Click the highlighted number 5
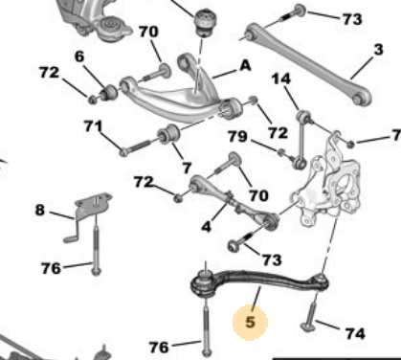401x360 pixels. point(251,322)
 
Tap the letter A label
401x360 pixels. point(245,65)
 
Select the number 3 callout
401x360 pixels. point(378,50)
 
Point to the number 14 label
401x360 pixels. point(281,79)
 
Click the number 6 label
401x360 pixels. point(79,56)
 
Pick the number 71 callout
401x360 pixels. point(93,126)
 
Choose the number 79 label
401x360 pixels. point(237,137)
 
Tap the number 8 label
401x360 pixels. point(39,211)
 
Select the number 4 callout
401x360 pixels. point(207,227)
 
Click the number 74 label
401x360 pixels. point(355,333)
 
